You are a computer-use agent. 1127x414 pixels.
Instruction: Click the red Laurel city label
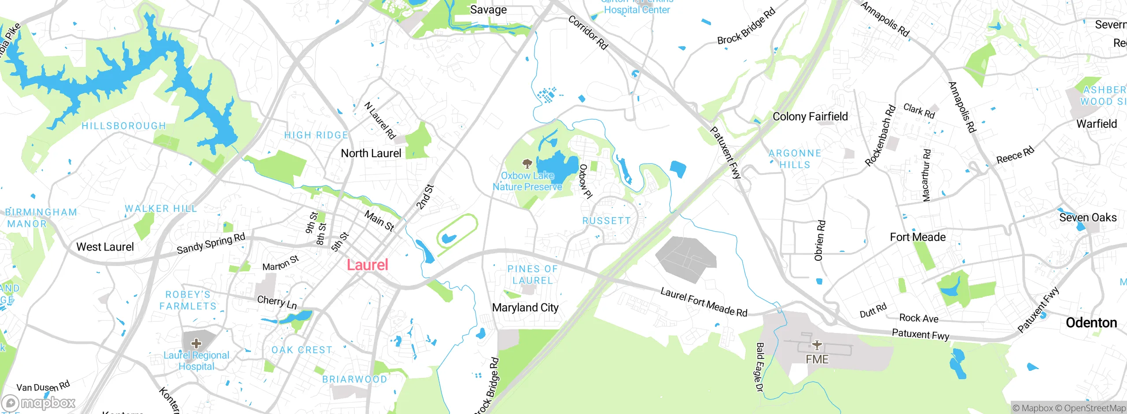pos(367,265)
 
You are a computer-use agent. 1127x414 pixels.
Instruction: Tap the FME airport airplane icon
pos(817,345)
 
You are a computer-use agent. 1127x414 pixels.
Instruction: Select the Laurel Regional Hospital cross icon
pos(196,343)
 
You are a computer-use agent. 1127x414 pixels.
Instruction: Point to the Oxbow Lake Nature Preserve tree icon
pos(527,164)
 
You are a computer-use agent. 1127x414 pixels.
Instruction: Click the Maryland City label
pos(525,307)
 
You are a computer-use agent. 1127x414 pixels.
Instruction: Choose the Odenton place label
pos(1091,323)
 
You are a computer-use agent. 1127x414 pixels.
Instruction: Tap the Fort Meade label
pos(917,237)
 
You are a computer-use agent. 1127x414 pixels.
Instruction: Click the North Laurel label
pos(371,153)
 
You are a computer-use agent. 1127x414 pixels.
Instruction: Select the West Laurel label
pos(105,247)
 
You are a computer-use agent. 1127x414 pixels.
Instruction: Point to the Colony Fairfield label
pos(810,116)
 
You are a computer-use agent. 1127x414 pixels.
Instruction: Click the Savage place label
pos(488,10)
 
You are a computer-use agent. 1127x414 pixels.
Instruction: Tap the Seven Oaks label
pos(1087,218)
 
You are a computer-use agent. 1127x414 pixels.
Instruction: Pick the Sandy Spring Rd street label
pos(211,244)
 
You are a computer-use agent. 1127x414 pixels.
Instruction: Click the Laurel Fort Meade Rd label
pos(703,303)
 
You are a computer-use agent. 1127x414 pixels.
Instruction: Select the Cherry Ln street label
pos(277,302)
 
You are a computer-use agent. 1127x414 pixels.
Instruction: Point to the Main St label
pos(379,221)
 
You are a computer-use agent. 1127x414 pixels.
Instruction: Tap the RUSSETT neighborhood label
pos(606,221)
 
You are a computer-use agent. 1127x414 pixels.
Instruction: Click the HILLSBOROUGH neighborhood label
pos(124,126)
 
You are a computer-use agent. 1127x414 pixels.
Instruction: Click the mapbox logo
pos(39,403)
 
